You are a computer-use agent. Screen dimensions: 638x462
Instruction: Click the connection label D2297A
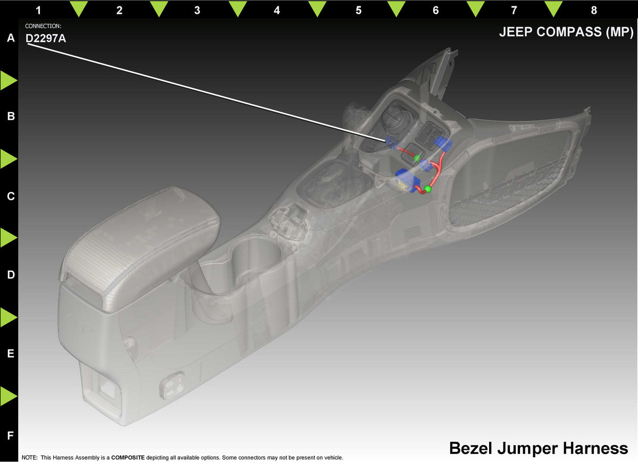click(x=46, y=38)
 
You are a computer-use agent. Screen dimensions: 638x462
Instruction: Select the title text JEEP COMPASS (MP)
click(x=566, y=32)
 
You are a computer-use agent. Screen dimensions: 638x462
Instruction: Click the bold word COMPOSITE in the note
click(x=128, y=457)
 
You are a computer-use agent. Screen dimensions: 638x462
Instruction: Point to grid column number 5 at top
click(x=358, y=10)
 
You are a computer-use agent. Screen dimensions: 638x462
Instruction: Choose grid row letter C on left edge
click(x=11, y=196)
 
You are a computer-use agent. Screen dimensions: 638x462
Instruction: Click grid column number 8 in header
click(x=594, y=10)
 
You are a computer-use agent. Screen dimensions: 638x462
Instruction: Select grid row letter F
click(x=11, y=435)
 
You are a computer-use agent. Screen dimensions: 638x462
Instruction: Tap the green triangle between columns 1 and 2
click(x=79, y=9)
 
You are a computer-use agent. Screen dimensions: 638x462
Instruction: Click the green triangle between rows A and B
click(x=9, y=81)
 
